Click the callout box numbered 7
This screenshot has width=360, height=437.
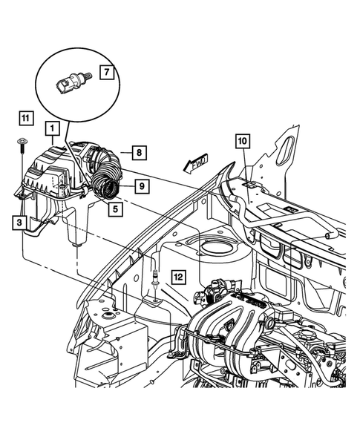[106, 73]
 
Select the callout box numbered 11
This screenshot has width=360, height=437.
[25, 117]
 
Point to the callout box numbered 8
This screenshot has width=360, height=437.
[137, 153]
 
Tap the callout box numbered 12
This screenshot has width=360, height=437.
[177, 276]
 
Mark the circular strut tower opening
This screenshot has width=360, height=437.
[215, 248]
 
